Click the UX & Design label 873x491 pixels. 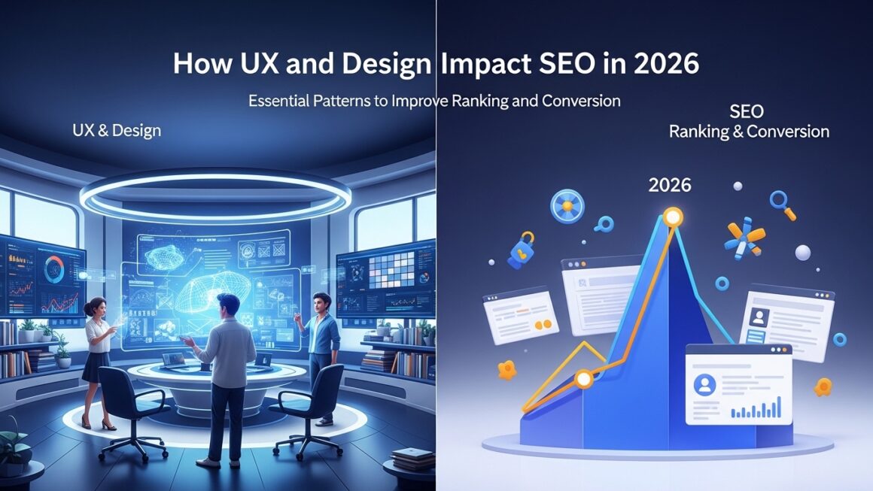click(117, 130)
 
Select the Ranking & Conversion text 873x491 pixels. click(749, 132)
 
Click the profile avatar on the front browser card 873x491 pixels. click(705, 385)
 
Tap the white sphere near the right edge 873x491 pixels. click(803, 253)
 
